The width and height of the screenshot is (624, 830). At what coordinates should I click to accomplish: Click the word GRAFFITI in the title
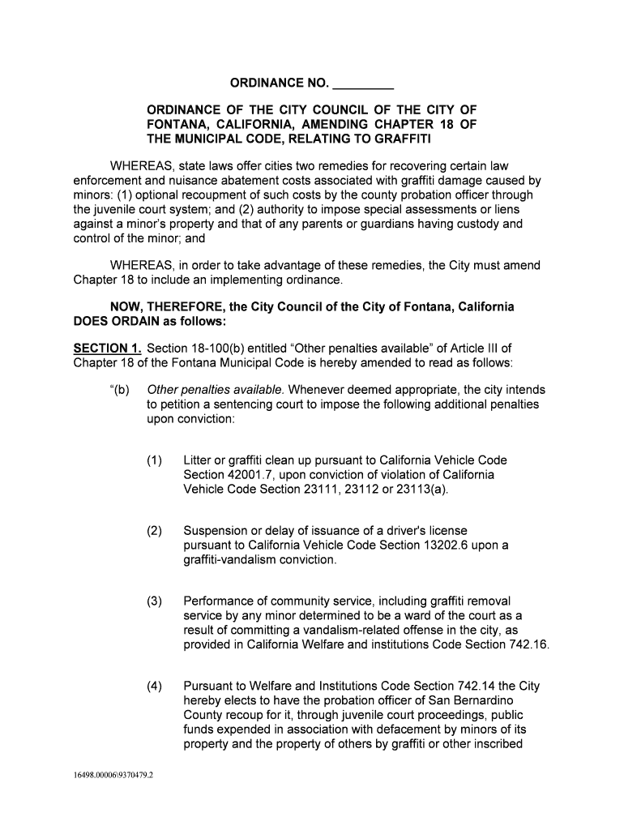coord(396,139)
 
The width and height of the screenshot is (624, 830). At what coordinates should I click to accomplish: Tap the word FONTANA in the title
coord(174,124)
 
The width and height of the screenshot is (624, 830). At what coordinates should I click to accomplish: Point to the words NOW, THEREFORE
coord(163,307)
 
